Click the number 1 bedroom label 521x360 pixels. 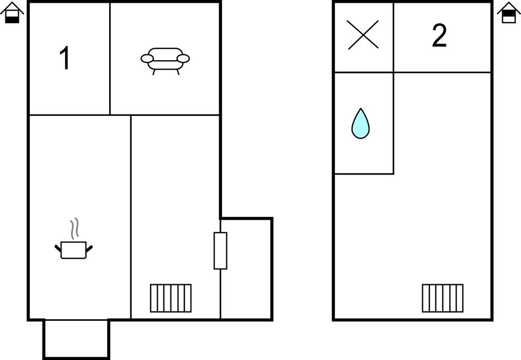[x=65, y=58]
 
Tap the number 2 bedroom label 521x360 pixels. [x=439, y=35]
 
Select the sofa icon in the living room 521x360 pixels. [x=165, y=61]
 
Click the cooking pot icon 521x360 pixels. [x=74, y=250]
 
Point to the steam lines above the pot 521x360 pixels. [x=75, y=229]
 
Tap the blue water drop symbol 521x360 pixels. [x=360, y=123]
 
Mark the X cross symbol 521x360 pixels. [x=363, y=35]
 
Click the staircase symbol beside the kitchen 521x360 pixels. [x=171, y=298]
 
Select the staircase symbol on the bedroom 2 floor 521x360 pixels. [x=443, y=298]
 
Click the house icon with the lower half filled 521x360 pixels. [x=12, y=13]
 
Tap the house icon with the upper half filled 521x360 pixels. [x=509, y=13]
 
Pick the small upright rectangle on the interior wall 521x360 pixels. [x=220, y=251]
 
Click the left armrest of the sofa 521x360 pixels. [x=147, y=59]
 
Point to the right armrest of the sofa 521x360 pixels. [x=183, y=59]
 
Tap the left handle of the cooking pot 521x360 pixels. [x=58, y=248]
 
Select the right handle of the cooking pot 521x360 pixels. [x=89, y=248]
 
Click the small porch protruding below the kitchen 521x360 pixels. [x=76, y=339]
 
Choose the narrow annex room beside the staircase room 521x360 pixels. [x=246, y=268]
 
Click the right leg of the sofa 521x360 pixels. [x=178, y=72]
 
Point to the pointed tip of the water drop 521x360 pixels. [x=360, y=108]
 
